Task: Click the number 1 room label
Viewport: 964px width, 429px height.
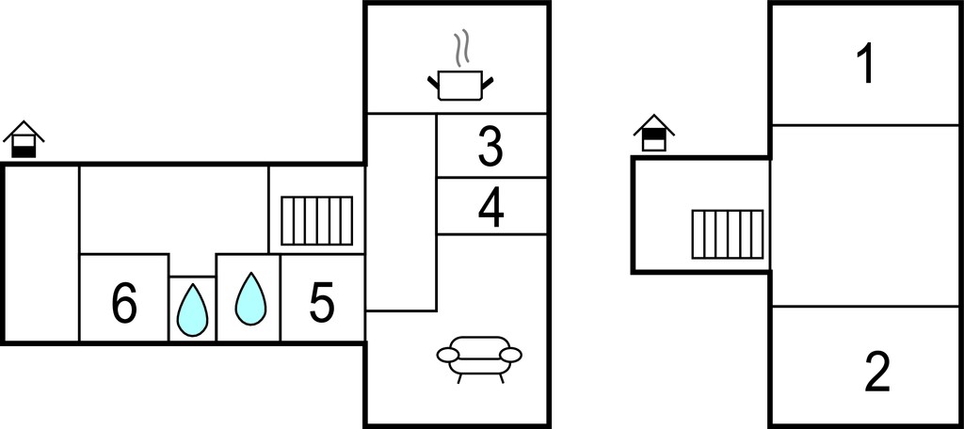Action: [866, 65]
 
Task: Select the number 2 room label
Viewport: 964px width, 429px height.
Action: [877, 372]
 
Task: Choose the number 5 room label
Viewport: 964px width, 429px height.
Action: [322, 302]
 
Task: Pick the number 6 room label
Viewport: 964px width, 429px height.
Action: [124, 304]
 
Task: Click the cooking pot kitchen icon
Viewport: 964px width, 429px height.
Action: [460, 86]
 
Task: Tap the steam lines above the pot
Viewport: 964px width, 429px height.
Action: [461, 47]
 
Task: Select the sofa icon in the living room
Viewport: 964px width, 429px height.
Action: [479, 359]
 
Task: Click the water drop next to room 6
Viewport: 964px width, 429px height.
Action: [192, 310]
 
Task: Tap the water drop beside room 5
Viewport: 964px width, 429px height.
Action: [250, 299]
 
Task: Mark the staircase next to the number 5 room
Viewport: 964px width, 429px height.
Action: [316, 221]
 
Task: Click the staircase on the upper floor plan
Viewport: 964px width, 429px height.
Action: [728, 234]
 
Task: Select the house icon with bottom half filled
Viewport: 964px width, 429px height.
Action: [24, 139]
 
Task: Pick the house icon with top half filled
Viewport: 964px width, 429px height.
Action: [654, 133]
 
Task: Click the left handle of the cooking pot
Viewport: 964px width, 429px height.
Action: [433, 82]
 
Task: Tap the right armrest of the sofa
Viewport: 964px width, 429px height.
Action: [511, 355]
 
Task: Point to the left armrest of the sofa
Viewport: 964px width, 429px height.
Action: [447, 355]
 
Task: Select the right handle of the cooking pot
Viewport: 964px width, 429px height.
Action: [489, 83]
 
